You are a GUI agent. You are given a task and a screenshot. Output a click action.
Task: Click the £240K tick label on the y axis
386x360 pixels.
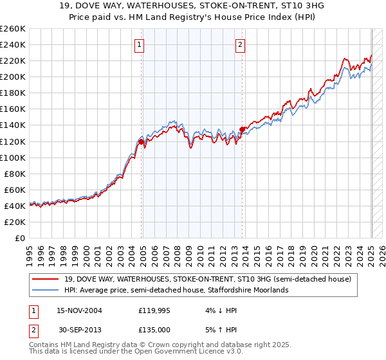[x=13, y=44]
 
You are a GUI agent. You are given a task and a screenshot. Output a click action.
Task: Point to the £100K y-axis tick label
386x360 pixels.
[x=13, y=157]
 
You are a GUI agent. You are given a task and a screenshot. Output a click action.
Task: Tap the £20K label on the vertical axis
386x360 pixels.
[x=15, y=222]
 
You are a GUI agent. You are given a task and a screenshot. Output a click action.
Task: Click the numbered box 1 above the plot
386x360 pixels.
[x=140, y=45]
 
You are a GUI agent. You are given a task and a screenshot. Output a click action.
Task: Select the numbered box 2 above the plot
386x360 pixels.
[x=240, y=45]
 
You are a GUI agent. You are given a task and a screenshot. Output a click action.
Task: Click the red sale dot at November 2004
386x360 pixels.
[x=141, y=141]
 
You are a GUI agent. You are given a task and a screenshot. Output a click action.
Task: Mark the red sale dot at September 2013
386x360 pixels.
[x=242, y=129]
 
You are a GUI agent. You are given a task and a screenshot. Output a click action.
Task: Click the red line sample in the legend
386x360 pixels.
[x=46, y=279]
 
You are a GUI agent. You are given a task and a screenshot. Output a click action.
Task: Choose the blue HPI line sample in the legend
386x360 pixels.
[x=46, y=291]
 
